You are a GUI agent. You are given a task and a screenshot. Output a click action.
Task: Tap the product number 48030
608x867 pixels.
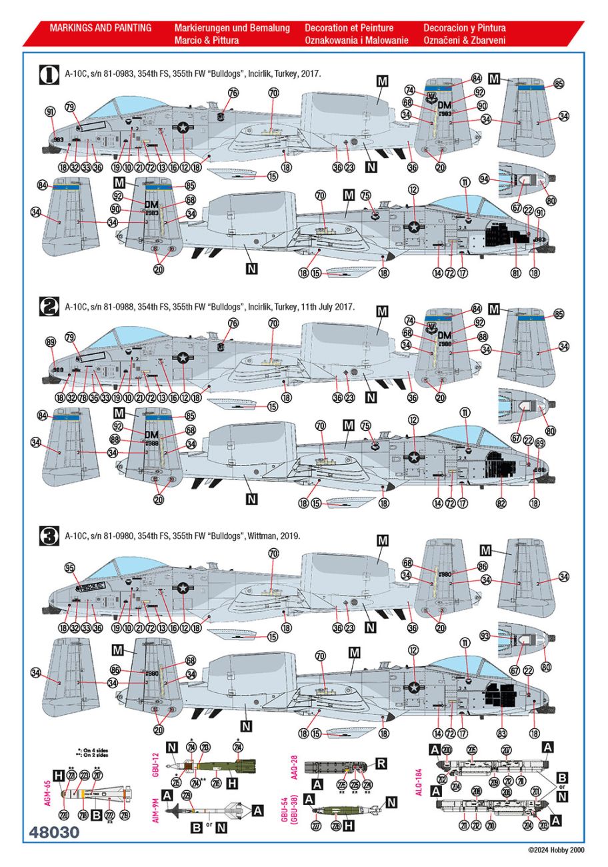coord(55,833)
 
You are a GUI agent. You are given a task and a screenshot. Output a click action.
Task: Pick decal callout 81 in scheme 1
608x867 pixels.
coord(515,272)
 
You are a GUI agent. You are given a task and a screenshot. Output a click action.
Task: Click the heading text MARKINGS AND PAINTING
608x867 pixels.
coord(100,28)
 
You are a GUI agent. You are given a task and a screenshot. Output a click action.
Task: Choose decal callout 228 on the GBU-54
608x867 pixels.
coord(336,827)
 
